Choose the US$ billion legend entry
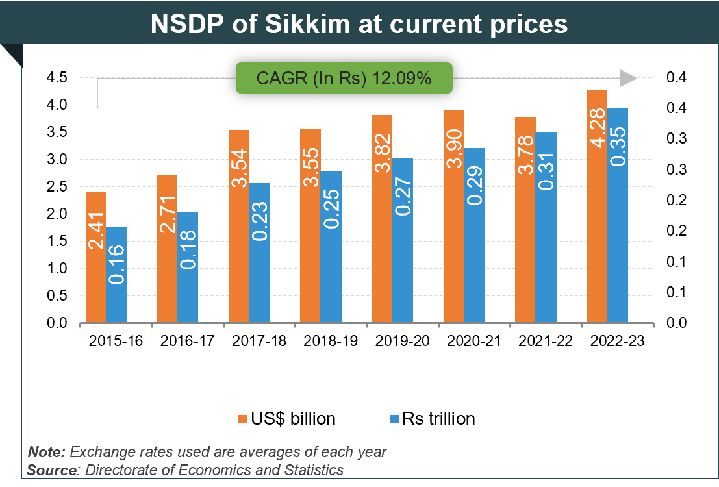(x=286, y=419)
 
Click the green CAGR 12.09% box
(x=344, y=78)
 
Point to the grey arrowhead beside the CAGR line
(x=628, y=79)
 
